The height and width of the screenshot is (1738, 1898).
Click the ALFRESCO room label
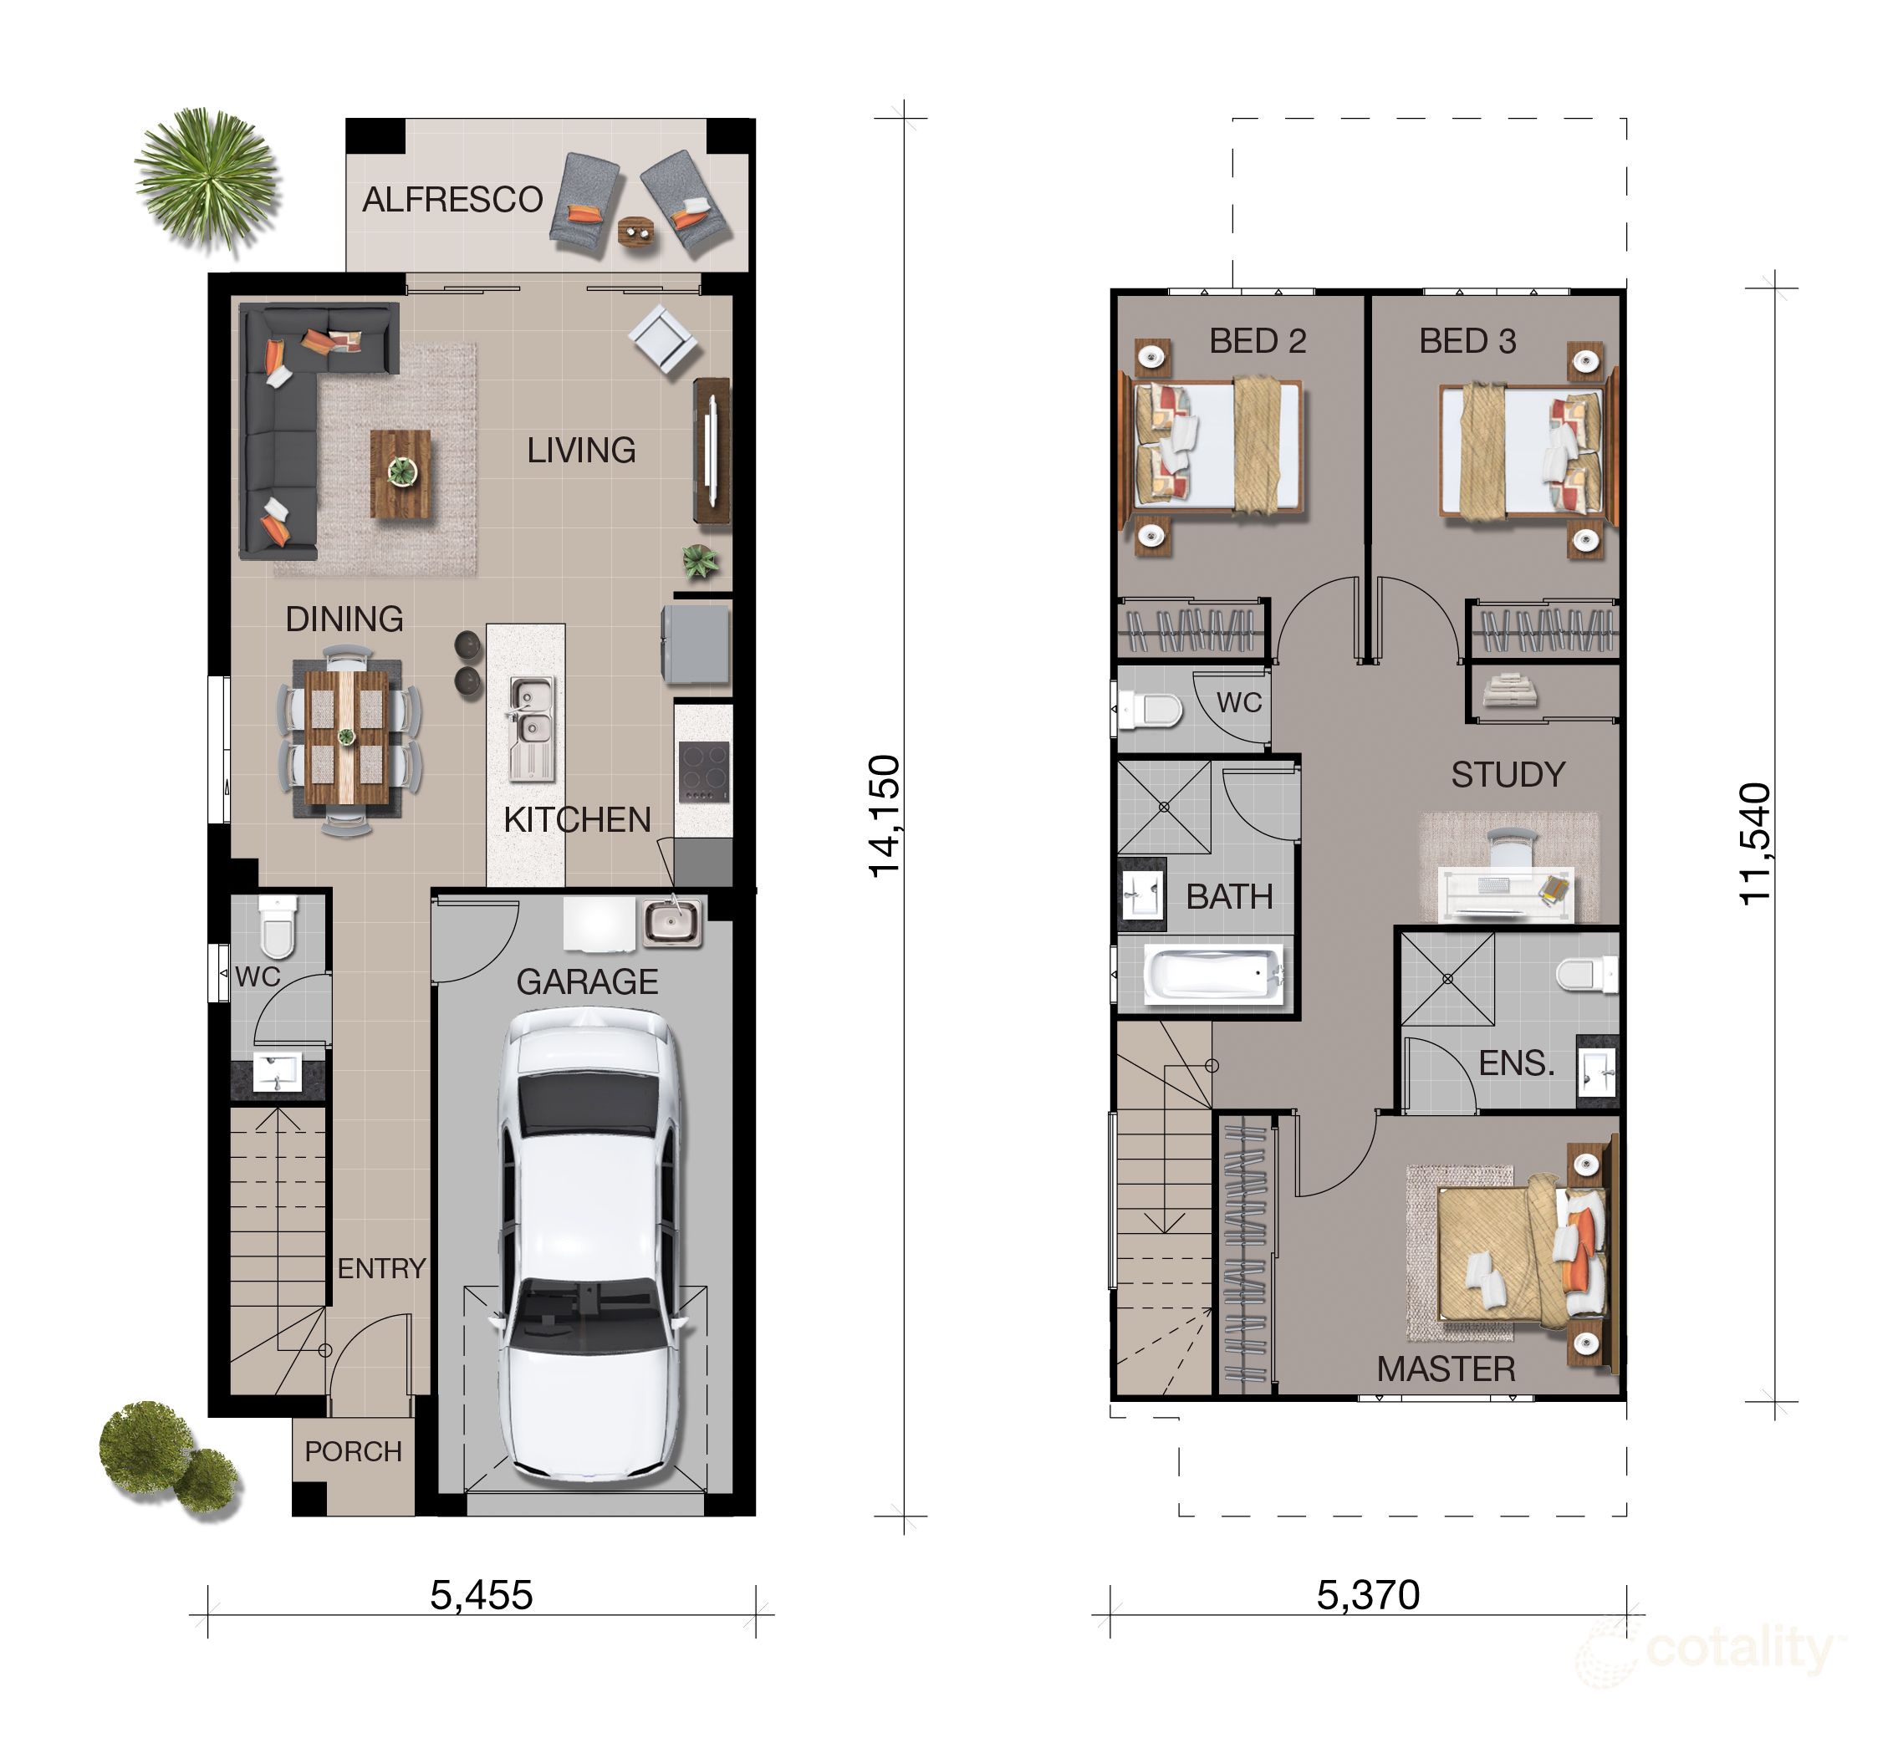453,200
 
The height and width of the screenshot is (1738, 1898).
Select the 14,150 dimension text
885,815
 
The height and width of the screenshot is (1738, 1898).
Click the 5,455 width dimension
481,1595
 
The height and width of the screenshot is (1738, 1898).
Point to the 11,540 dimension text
1755,844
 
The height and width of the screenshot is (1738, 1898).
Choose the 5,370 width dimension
1368,1595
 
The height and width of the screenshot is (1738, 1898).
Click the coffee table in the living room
401,473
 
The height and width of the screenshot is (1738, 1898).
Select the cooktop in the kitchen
704,771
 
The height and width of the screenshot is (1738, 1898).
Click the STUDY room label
1508,774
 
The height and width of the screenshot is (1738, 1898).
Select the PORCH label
353,1451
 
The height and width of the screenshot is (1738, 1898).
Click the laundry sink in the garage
671,922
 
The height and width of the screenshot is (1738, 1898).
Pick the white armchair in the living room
665,339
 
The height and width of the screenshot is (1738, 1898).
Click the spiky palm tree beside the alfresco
207,179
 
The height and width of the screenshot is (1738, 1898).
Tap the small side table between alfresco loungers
637,232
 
